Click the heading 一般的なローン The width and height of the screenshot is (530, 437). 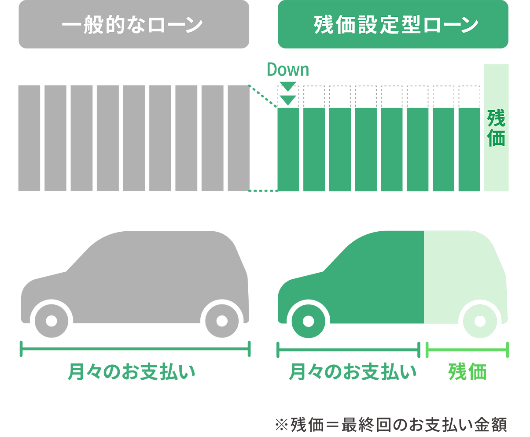click(132, 25)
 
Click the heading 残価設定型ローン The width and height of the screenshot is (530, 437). click(396, 25)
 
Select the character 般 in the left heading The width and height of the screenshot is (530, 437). click(90, 25)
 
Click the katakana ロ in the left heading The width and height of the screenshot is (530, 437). click(152, 26)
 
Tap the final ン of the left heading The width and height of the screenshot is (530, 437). click(192, 25)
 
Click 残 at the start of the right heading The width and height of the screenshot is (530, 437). click(323, 25)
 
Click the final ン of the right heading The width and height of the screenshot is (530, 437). click(469, 25)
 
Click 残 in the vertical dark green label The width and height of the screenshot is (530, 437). click(496, 118)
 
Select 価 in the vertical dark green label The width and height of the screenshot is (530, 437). click(496, 138)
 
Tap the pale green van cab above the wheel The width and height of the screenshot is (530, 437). click(462, 269)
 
